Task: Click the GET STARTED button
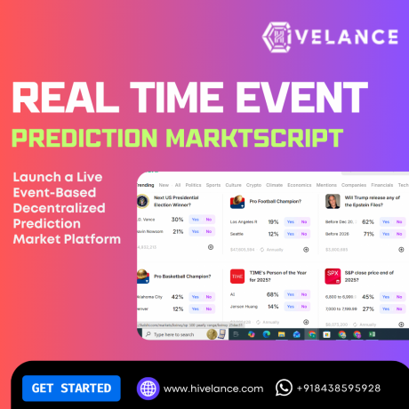pos(70,388)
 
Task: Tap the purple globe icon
pos(148,388)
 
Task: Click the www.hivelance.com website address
pos(213,389)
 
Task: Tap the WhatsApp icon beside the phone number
pos(285,388)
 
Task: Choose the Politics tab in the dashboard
pos(193,185)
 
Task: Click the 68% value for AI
pos(272,293)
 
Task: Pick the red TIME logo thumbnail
pos(237,277)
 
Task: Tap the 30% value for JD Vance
pos(177,219)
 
